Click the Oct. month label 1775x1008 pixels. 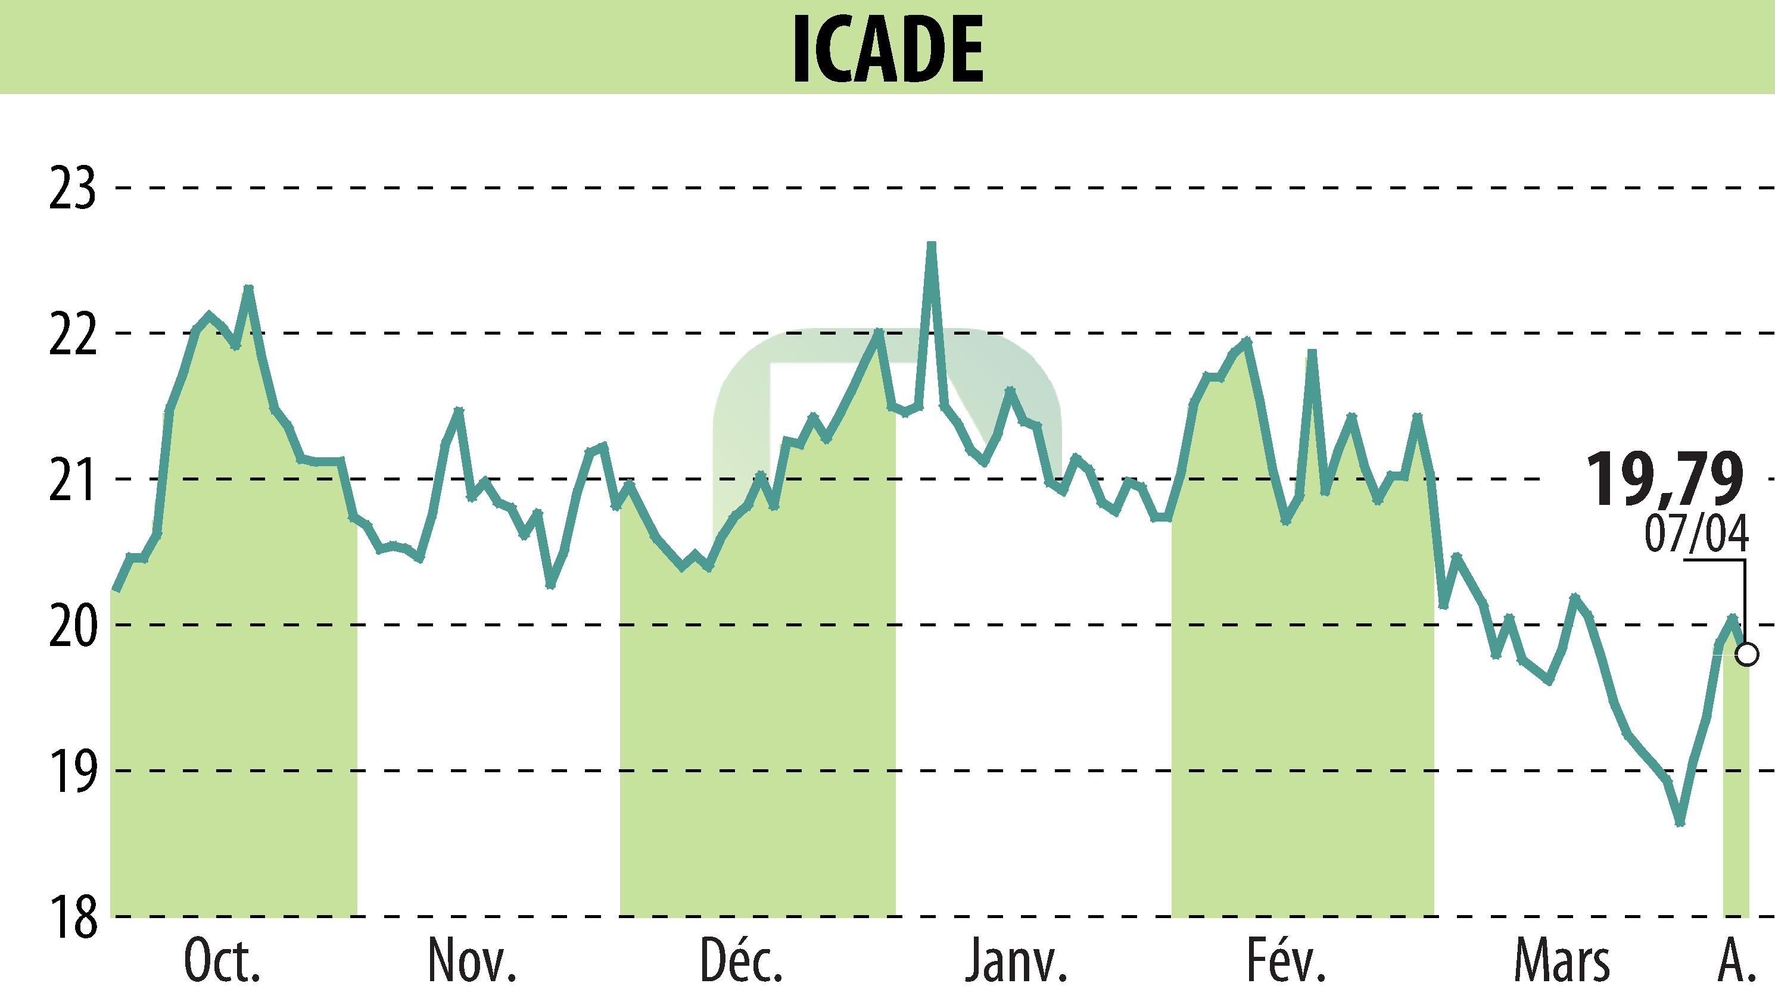[222, 962]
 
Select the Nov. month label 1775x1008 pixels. [472, 962]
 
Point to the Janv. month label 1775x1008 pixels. [1016, 962]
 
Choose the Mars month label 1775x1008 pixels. [1561, 962]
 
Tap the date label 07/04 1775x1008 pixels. [1695, 535]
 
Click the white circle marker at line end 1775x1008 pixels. [1747, 654]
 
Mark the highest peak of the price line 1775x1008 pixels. [932, 245]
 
